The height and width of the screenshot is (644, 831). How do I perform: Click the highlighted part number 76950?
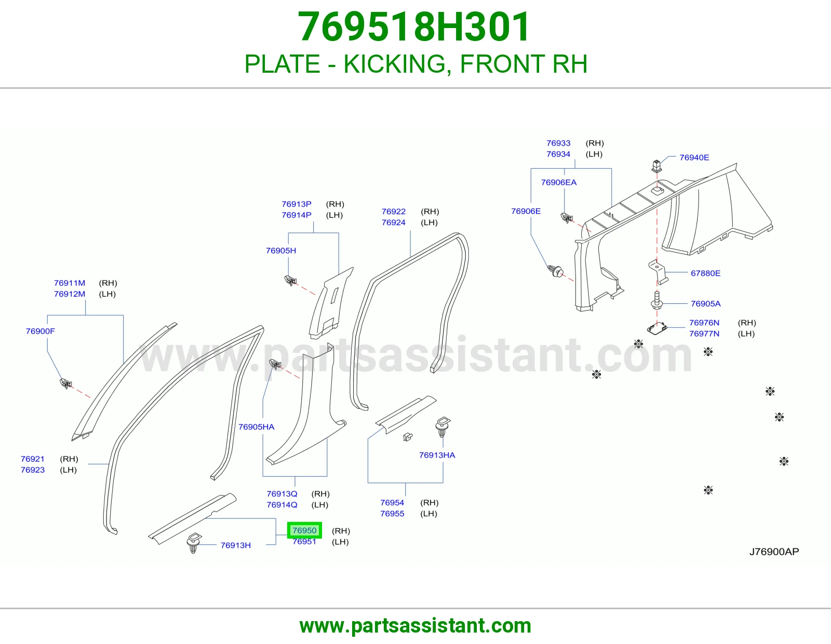click(x=304, y=530)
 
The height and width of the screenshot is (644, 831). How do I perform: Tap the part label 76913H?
click(x=236, y=545)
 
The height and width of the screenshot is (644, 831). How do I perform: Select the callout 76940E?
click(x=694, y=157)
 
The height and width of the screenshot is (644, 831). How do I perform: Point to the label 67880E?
click(x=705, y=273)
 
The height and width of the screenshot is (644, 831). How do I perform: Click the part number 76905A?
click(x=705, y=304)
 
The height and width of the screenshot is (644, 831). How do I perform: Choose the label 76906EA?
click(x=559, y=182)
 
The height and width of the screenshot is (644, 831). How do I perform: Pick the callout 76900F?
click(x=40, y=331)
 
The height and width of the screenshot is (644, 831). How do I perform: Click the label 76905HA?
click(x=256, y=427)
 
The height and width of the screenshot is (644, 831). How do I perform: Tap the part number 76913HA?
click(x=437, y=455)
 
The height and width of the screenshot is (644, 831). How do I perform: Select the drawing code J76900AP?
click(x=774, y=552)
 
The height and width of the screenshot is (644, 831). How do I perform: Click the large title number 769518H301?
click(x=414, y=26)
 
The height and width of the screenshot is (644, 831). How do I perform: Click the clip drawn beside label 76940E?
click(x=656, y=166)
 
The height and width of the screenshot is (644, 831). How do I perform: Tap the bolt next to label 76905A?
click(x=656, y=300)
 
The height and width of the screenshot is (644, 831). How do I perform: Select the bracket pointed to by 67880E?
click(x=658, y=272)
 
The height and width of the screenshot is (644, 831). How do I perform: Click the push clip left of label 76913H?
click(x=194, y=542)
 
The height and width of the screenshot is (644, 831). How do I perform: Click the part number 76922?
click(x=394, y=211)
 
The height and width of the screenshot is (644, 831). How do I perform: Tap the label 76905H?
click(x=281, y=250)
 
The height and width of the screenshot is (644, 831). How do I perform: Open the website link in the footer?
click(x=415, y=626)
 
